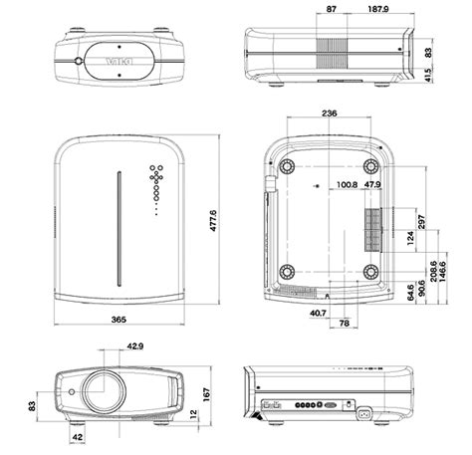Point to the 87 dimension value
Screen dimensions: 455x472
point(331,11)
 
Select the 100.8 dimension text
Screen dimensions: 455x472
point(347,184)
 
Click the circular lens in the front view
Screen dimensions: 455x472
point(104,390)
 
